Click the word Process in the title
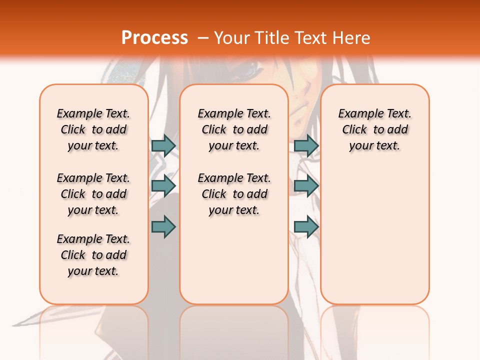(154, 38)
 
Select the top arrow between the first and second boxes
(163, 145)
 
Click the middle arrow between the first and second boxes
(163, 186)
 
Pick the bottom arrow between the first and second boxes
(163, 227)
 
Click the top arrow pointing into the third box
(306, 145)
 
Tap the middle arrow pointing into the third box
(306, 186)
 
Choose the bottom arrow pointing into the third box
(306, 227)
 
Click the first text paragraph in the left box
(93, 129)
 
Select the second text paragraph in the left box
(93, 194)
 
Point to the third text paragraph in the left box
(93, 255)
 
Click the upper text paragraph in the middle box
(234, 129)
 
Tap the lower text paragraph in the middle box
(234, 194)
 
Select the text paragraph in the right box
(374, 129)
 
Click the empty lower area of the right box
(374, 235)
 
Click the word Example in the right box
(357, 114)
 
